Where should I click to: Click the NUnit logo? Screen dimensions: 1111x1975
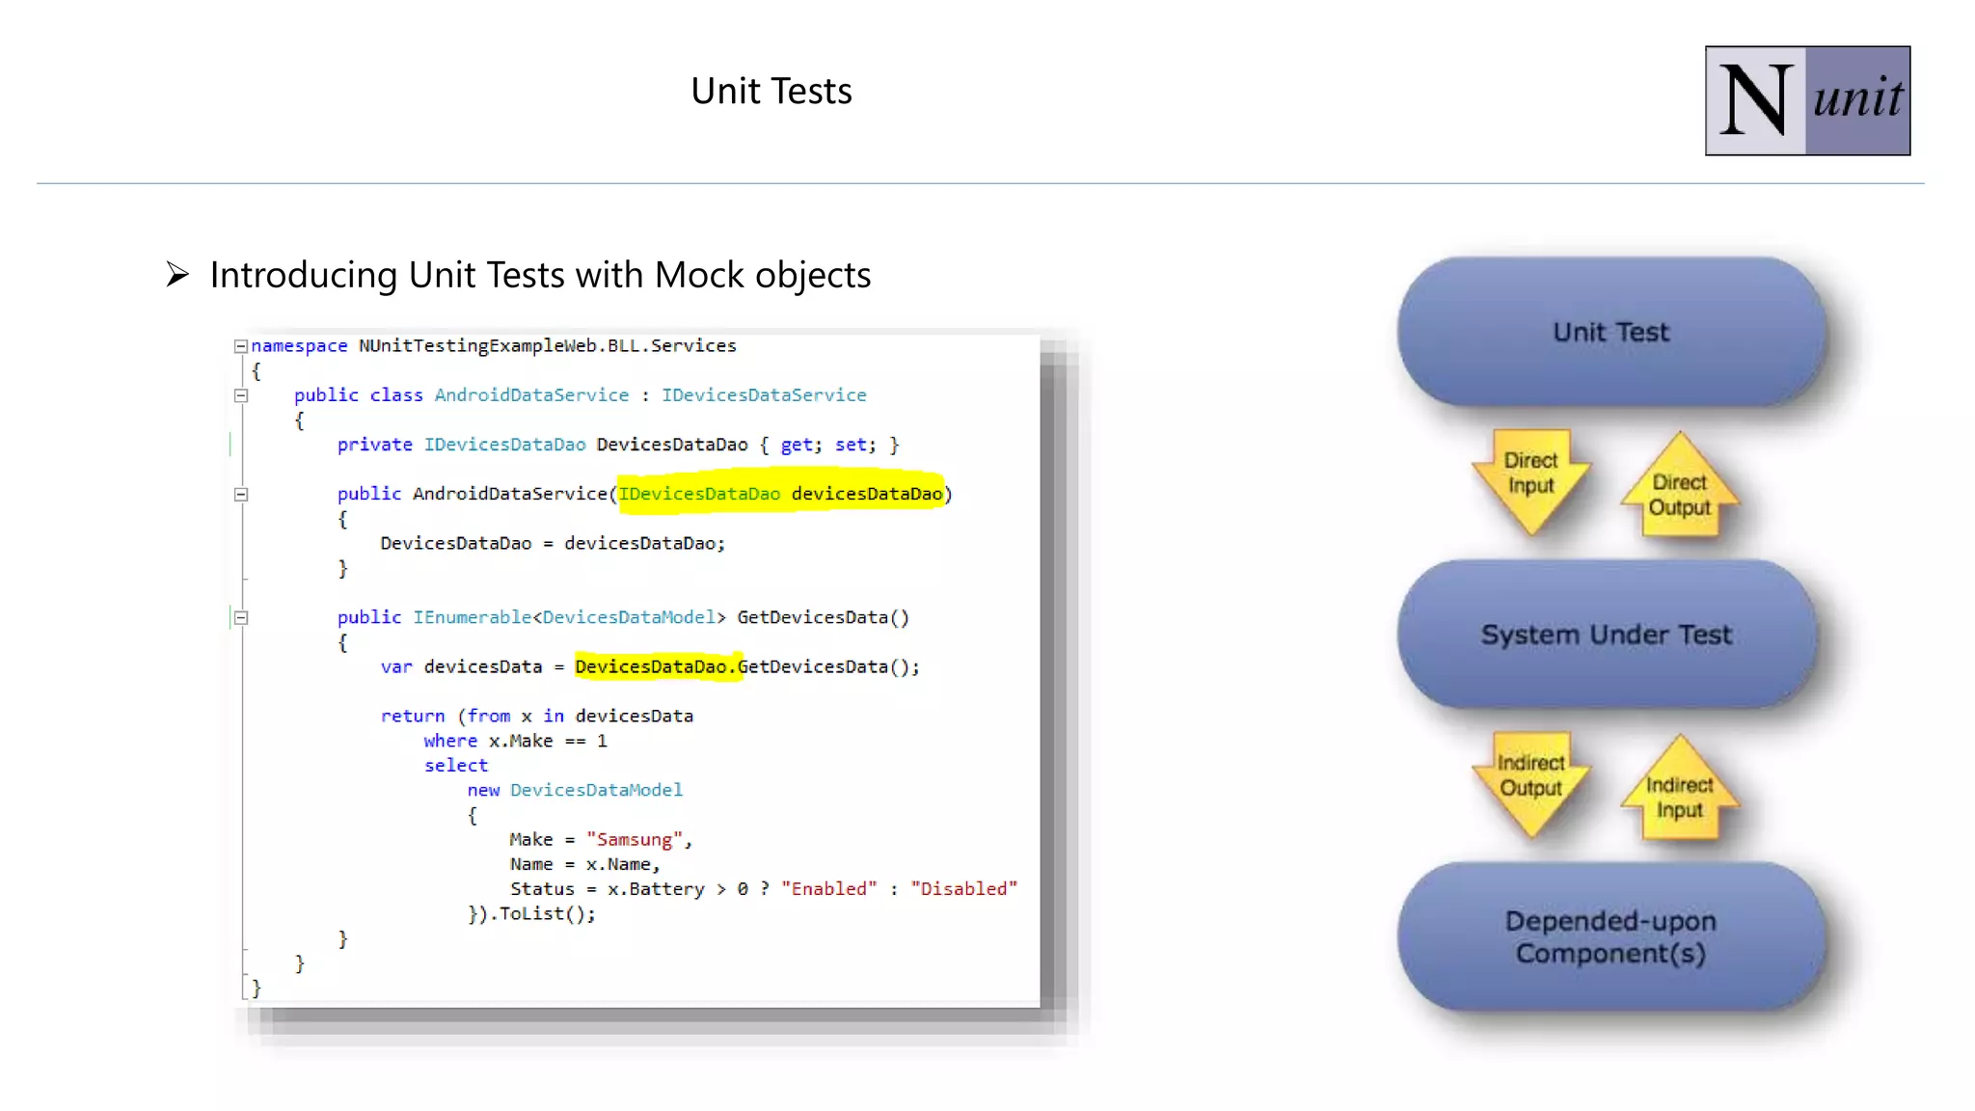coord(1806,100)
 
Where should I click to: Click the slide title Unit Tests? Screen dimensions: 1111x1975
coord(771,91)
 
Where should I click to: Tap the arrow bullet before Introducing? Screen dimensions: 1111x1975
coord(177,275)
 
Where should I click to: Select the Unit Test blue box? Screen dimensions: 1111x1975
coord(1610,332)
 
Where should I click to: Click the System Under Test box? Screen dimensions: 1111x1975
coord(1607,635)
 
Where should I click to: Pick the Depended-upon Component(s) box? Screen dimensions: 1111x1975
coord(1610,936)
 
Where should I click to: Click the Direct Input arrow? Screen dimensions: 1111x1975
coord(1530,476)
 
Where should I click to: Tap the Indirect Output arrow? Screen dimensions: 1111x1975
coord(1530,779)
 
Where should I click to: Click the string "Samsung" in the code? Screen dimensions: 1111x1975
coord(635,840)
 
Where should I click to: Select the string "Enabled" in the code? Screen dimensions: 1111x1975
coord(829,889)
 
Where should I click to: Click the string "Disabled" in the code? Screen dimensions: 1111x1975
coord(963,889)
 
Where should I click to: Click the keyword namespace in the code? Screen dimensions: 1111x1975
coord(299,346)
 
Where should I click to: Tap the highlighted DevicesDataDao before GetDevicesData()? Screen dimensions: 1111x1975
coord(651,667)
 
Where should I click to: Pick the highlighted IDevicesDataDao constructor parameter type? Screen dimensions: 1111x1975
coord(699,495)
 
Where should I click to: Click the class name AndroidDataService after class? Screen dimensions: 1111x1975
coord(531,395)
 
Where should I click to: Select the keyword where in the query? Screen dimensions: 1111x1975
coord(450,742)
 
